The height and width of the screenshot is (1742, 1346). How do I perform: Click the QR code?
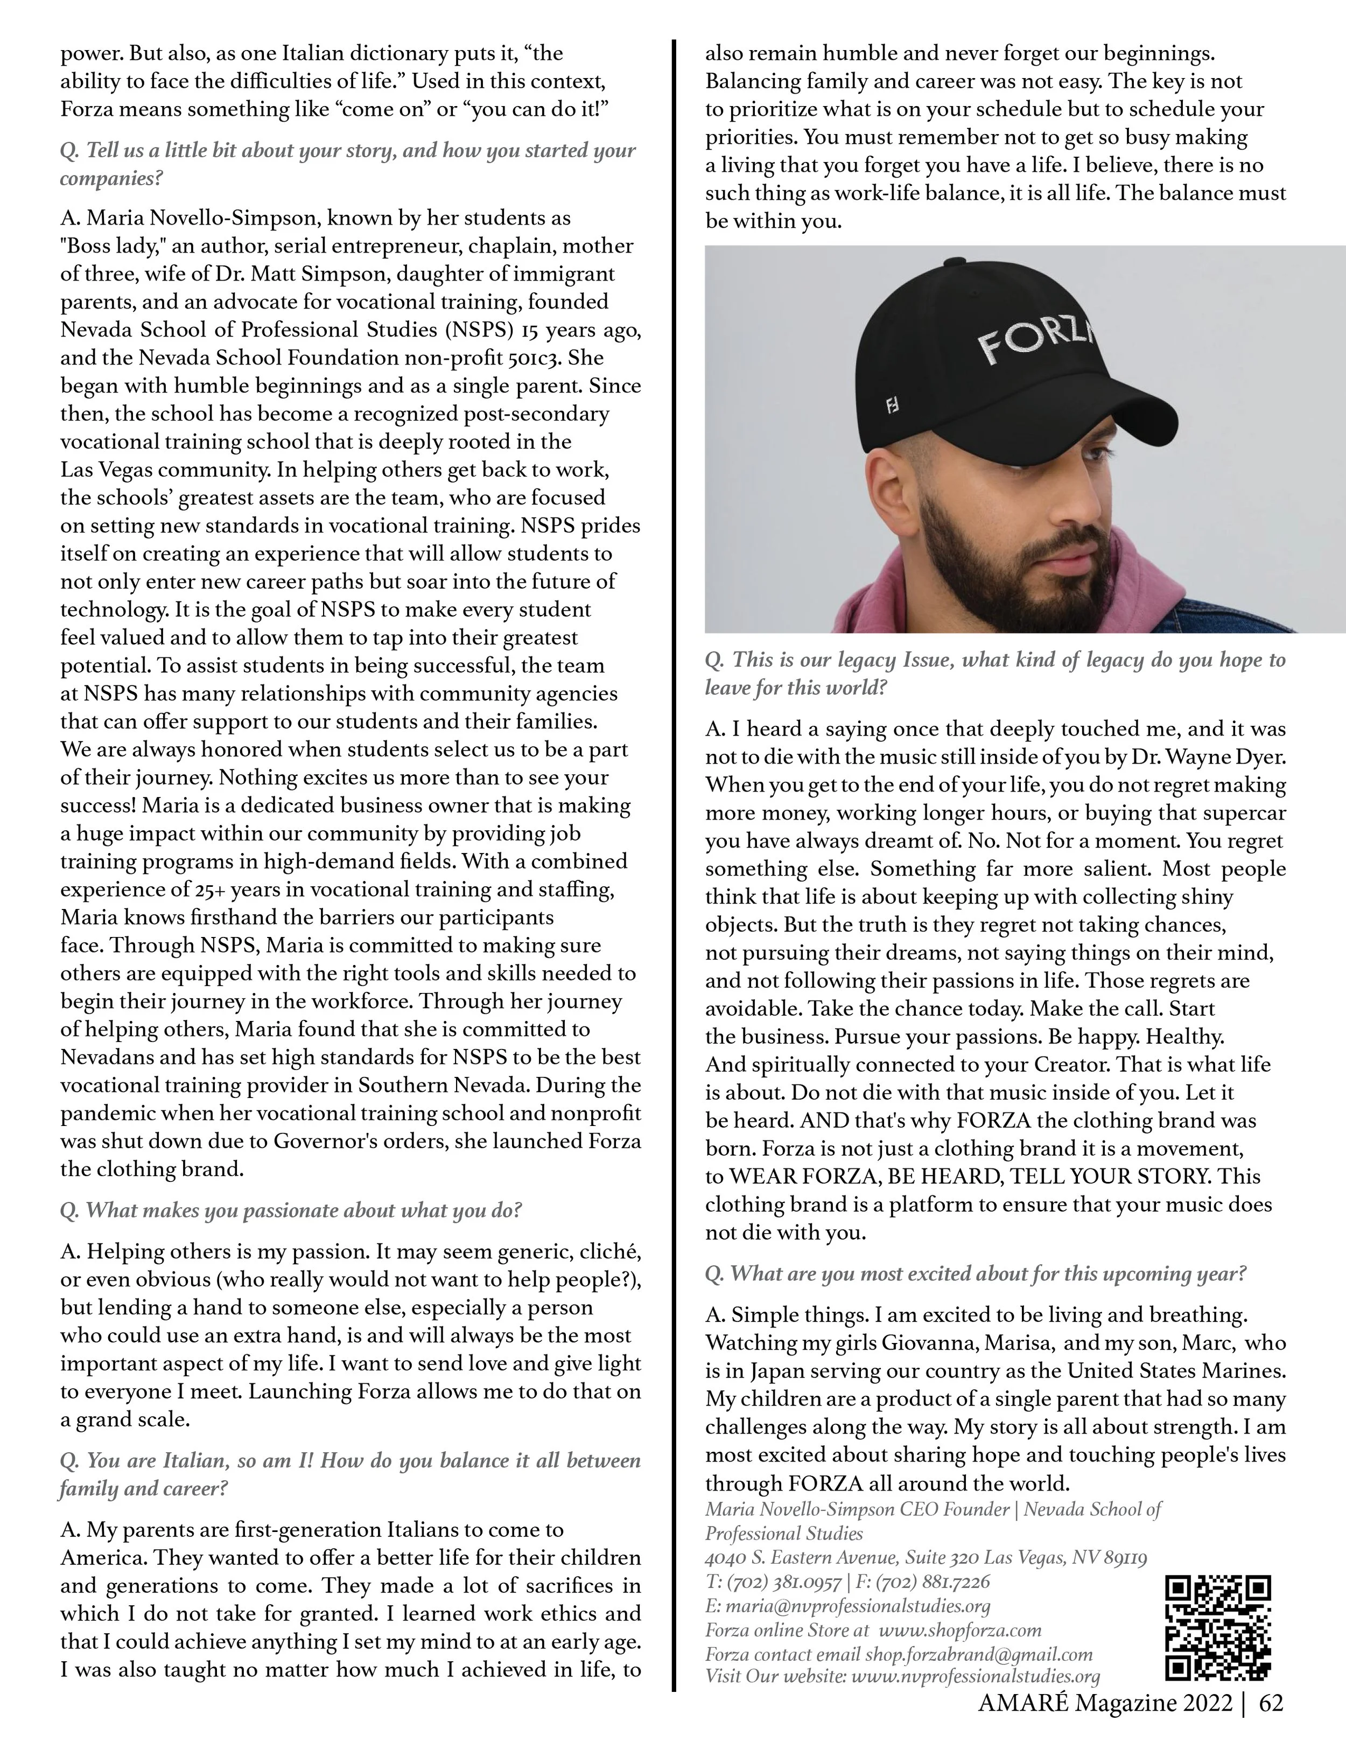[1218, 1628]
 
